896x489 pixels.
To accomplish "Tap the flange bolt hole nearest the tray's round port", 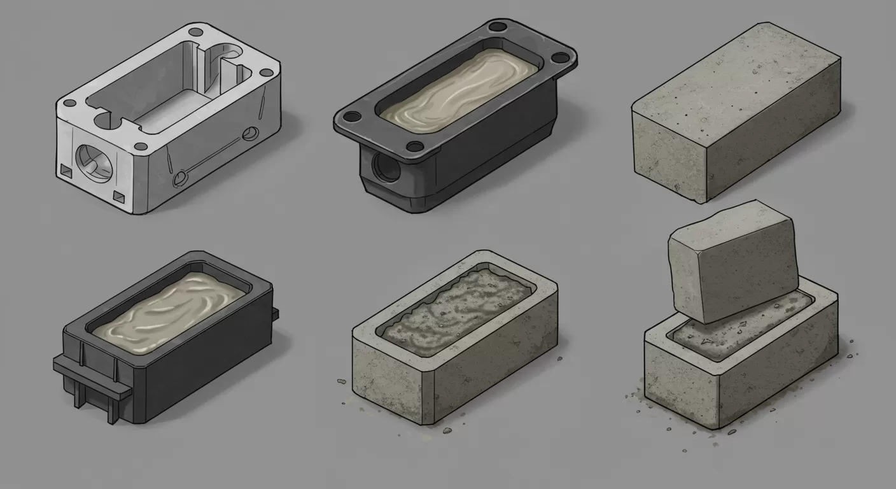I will click(x=349, y=117).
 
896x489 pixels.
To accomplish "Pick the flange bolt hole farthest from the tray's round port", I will click(x=559, y=57).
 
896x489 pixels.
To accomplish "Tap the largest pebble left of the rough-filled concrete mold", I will click(x=340, y=381).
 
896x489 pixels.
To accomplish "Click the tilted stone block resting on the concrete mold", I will click(x=732, y=261).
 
